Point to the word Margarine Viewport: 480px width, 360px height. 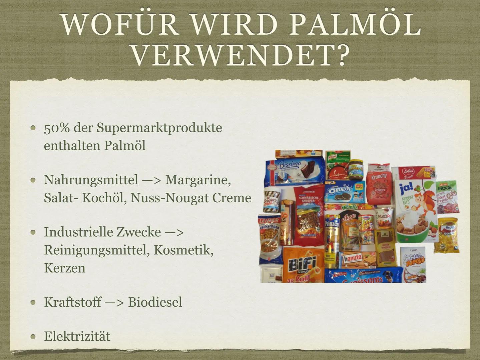pyautogui.click(x=198, y=180)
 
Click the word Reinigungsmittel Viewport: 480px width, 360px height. pyautogui.click(x=96, y=250)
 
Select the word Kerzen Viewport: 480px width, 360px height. pyautogui.click(x=65, y=268)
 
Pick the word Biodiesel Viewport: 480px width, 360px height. pyautogui.click(x=155, y=302)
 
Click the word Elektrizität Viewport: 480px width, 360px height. pyautogui.click(x=77, y=336)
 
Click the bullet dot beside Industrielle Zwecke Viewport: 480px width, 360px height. pyautogui.click(x=33, y=232)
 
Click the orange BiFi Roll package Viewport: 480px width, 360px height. pyautogui.click(x=303, y=265)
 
